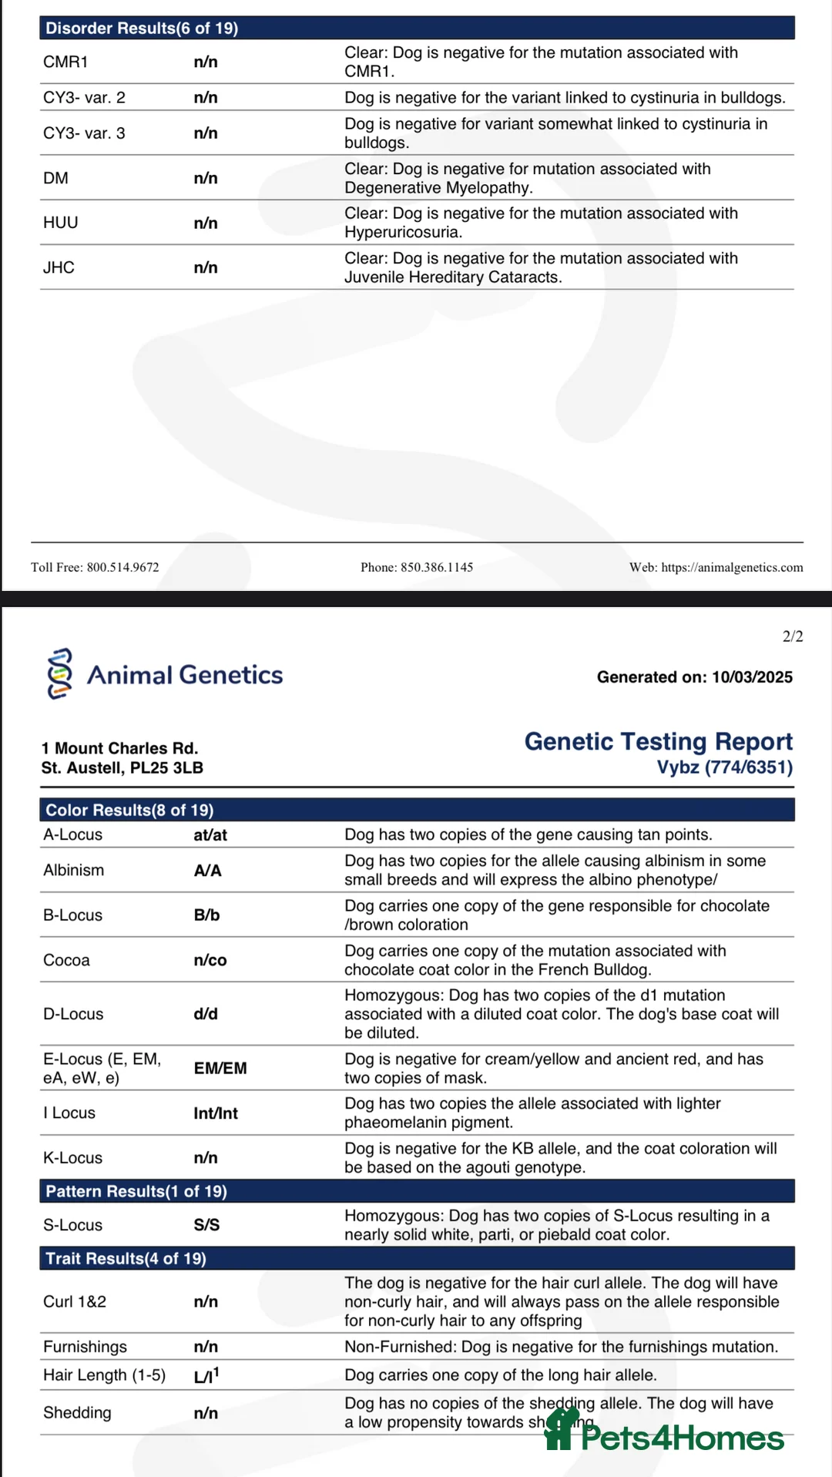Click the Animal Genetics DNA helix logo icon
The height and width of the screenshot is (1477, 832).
(x=60, y=673)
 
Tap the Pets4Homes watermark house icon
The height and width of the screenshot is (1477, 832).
(x=561, y=1429)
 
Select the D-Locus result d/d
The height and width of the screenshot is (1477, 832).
(x=206, y=1014)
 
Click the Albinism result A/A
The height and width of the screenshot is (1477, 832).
(x=207, y=871)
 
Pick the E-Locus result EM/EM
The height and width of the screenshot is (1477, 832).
(x=220, y=1068)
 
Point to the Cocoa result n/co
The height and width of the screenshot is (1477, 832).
(x=210, y=960)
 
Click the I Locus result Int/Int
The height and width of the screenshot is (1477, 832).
(x=216, y=1113)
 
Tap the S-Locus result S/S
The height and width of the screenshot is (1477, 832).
(x=206, y=1225)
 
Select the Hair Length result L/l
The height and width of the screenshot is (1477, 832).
(x=206, y=1375)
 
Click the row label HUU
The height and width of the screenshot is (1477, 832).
(x=61, y=223)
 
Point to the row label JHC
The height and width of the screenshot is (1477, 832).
(x=59, y=267)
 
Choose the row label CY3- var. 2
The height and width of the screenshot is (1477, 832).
(x=84, y=98)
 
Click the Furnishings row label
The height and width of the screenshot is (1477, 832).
(x=85, y=1347)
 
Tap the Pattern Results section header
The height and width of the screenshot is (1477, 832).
(x=136, y=1191)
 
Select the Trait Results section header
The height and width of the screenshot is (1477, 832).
(x=126, y=1258)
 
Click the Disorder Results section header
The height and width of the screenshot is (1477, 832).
(x=142, y=29)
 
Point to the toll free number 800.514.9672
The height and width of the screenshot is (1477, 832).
(x=122, y=567)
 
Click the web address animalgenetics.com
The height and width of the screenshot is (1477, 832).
(x=732, y=567)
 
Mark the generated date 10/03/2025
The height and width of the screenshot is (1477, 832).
(x=752, y=677)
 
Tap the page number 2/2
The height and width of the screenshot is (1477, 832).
(x=792, y=636)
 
